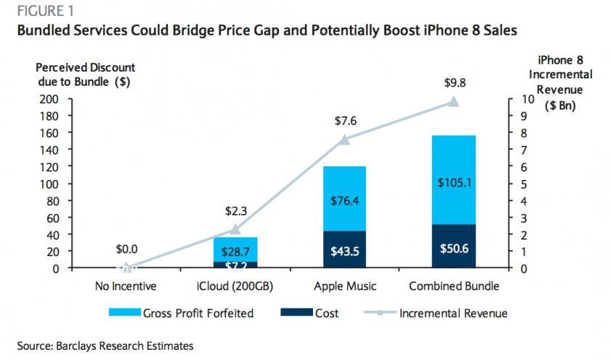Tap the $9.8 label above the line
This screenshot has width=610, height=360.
pyautogui.click(x=455, y=83)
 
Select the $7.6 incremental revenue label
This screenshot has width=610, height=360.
pyautogui.click(x=345, y=120)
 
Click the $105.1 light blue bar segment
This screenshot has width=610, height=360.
pyautogui.click(x=454, y=183)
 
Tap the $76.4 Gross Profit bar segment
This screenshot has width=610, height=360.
pyautogui.click(x=345, y=200)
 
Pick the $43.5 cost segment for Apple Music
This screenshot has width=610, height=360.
pyautogui.click(x=345, y=250)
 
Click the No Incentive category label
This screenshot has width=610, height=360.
pyautogui.click(x=126, y=286)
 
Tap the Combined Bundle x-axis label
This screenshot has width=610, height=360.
pyautogui.click(x=454, y=286)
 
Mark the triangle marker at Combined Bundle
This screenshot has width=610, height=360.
pyautogui.click(x=454, y=102)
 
